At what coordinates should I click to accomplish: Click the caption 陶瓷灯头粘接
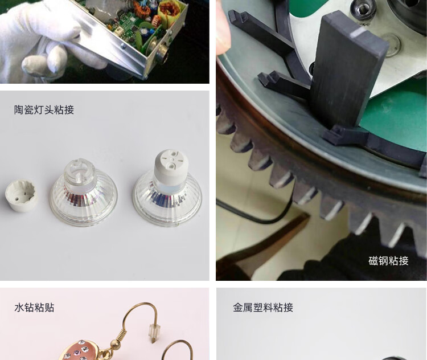tap(44, 110)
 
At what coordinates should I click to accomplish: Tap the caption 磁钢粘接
tap(388, 261)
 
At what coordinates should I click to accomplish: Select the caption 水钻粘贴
tap(34, 308)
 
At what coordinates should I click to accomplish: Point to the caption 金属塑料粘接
tap(263, 308)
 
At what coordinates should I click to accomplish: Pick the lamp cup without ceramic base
tap(84, 193)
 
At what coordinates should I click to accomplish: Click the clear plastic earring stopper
tap(154, 333)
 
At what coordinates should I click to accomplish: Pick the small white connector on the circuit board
tap(118, 31)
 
